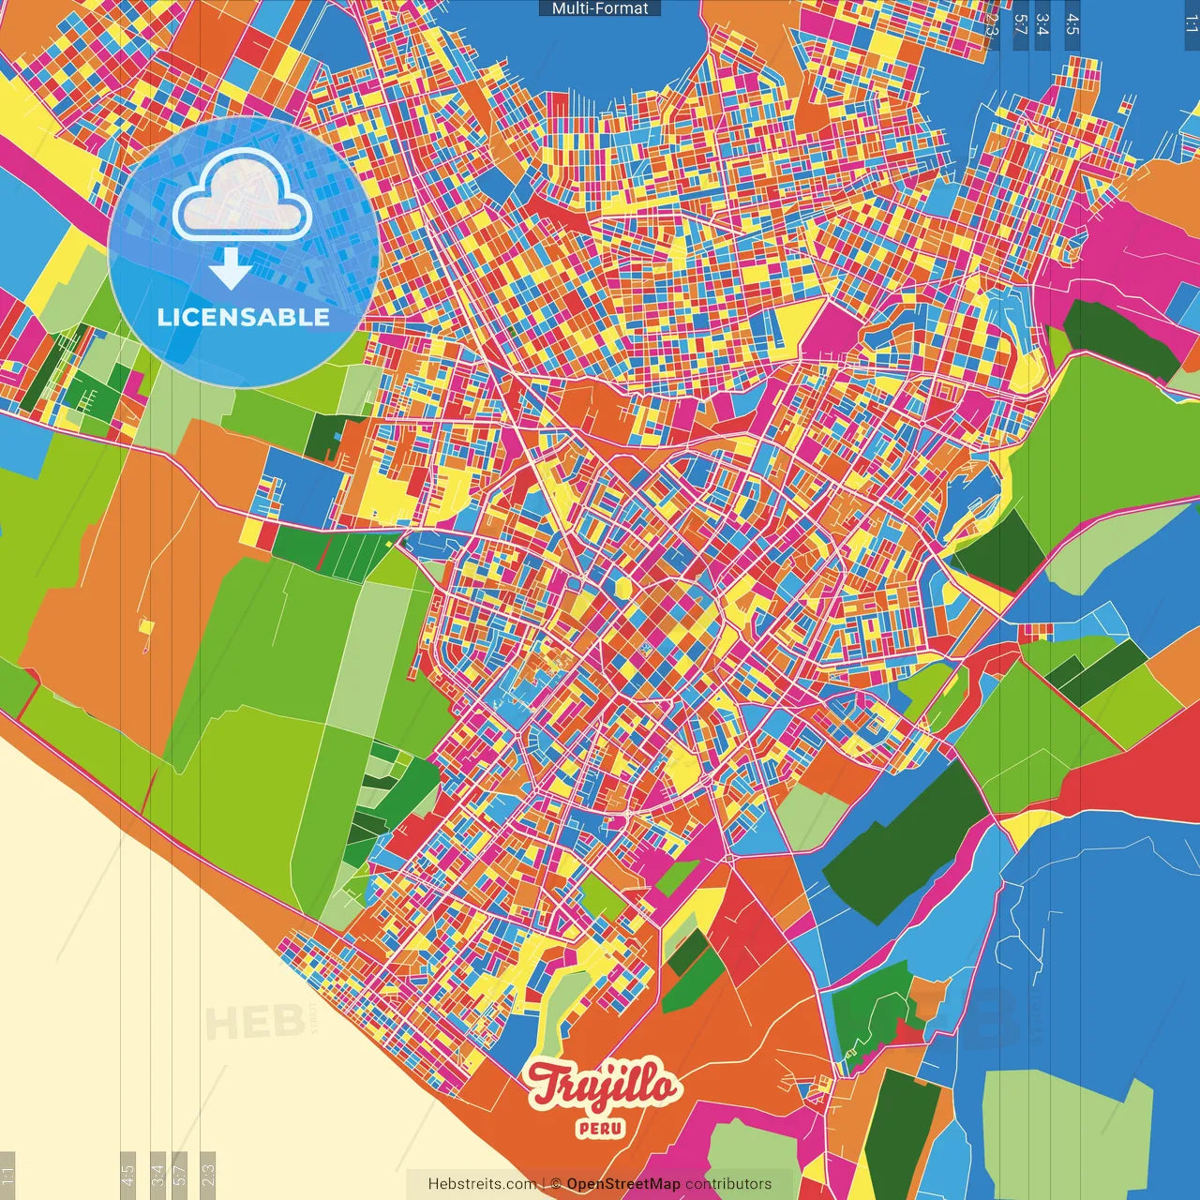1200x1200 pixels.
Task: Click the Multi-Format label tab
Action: [600, 8]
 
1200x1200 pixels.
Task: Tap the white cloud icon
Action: [243, 195]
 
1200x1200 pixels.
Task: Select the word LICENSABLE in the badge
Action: [244, 317]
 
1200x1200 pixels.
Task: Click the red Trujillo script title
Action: [602, 1086]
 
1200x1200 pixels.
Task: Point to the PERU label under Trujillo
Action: [601, 1128]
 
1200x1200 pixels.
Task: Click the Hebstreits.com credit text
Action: [482, 1184]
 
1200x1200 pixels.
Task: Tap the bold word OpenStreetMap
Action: [623, 1184]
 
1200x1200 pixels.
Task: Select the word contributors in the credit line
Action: [728, 1184]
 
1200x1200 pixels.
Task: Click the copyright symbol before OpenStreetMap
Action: [556, 1184]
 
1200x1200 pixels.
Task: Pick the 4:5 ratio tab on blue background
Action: [1072, 24]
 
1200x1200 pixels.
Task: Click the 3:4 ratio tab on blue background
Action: [1042, 24]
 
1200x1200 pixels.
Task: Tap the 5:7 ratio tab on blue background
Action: [1020, 24]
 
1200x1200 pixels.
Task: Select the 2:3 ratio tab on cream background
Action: [208, 1174]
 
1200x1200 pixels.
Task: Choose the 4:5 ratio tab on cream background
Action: [128, 1174]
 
